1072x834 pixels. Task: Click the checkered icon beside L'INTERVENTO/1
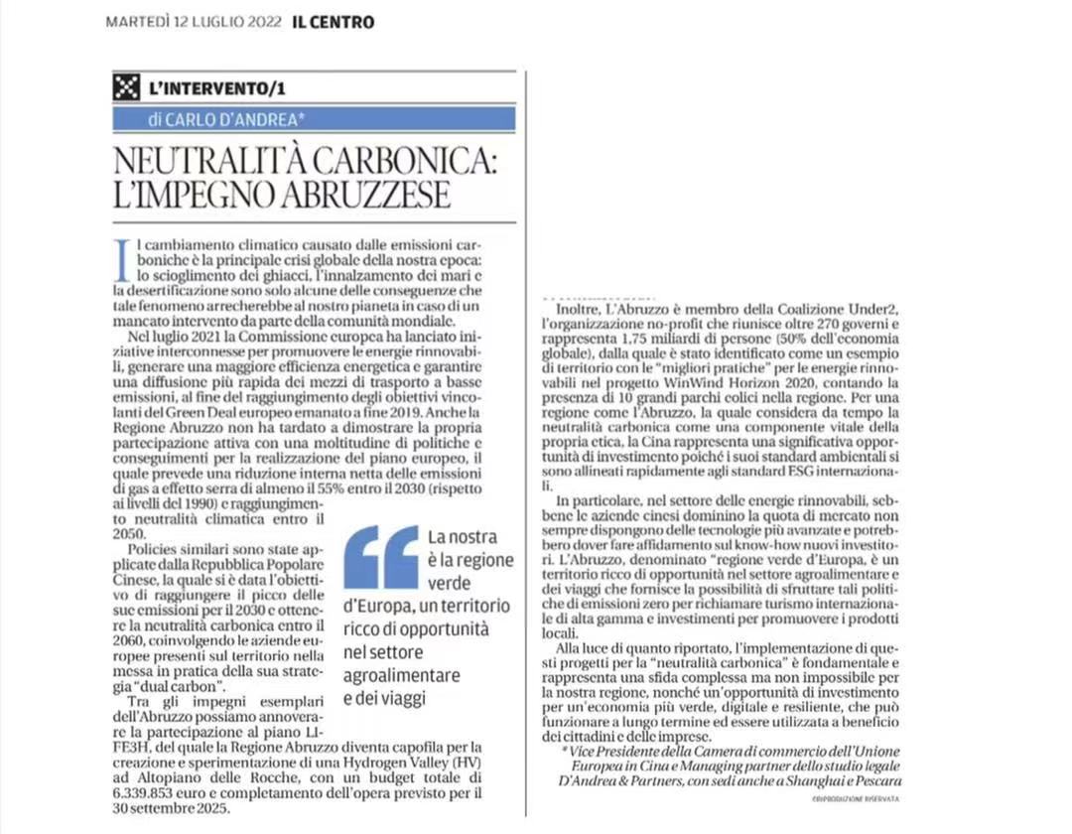(125, 87)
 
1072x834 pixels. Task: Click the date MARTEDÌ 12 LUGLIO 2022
(194, 22)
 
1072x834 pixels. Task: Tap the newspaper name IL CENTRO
(333, 22)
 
